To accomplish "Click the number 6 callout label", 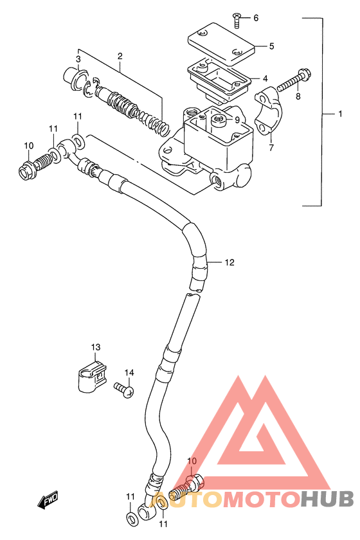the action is [x=256, y=18].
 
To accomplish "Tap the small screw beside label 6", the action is [x=236, y=21].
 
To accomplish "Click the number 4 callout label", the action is [x=265, y=78].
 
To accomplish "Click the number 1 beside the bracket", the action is [x=340, y=114].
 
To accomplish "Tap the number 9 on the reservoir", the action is [x=237, y=120].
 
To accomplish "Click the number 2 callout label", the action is [x=120, y=56].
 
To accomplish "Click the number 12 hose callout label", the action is [x=230, y=262].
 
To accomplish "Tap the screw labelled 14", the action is [x=124, y=390].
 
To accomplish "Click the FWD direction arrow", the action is [x=48, y=500].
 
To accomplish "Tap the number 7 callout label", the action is [x=271, y=148].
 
